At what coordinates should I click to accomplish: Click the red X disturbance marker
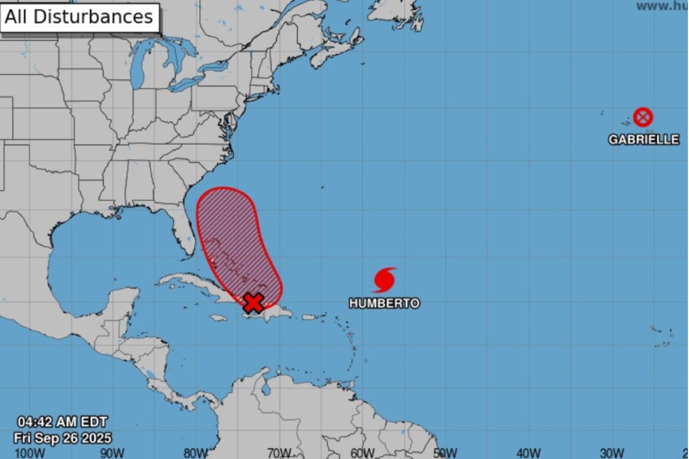pos(253,302)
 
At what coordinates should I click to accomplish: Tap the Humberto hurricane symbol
pos(384,280)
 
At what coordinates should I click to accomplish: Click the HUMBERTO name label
pos(384,303)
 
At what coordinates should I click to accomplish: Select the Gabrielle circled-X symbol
pos(643,117)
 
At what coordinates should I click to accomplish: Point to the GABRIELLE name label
pos(644,140)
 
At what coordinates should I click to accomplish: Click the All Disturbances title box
pos(79,17)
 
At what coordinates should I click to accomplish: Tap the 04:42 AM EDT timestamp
pos(61,422)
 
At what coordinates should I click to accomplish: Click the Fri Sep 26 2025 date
pos(63,438)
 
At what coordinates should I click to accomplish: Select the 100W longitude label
pos(29,453)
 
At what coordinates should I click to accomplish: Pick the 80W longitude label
pos(196,453)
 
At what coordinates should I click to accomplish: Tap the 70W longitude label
pos(279,453)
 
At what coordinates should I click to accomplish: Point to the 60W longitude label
pos(362,453)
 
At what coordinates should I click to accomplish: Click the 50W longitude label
pos(445,453)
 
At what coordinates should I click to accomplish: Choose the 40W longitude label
pos(528,453)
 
